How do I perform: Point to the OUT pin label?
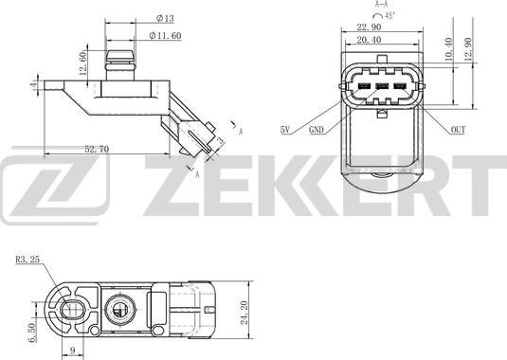458,129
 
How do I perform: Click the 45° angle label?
389,16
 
